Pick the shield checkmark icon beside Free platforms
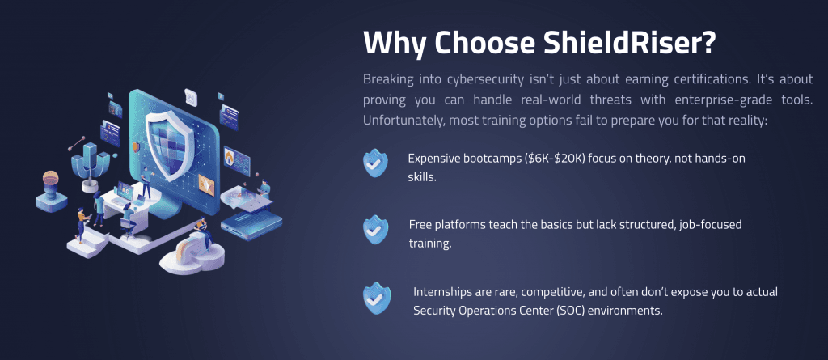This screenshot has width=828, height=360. [x=375, y=230]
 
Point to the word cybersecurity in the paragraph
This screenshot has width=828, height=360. [x=487, y=80]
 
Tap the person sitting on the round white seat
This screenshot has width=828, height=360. [x=202, y=234]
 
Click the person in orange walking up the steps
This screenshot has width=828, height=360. [x=81, y=222]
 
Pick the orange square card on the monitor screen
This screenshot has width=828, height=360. [x=206, y=184]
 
